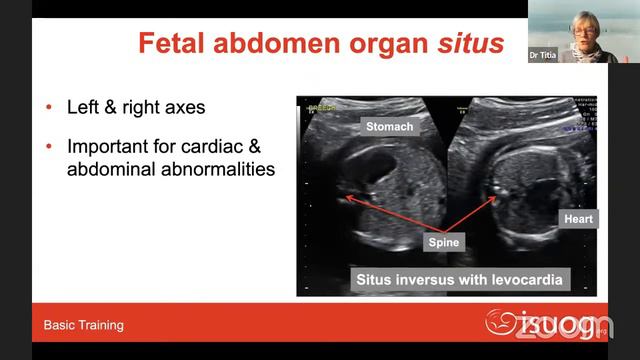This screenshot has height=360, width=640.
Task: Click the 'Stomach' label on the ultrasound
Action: pyautogui.click(x=389, y=127)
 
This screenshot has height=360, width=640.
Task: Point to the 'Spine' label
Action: pyautogui.click(x=443, y=242)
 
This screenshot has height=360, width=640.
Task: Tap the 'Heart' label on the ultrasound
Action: pyautogui.click(x=578, y=219)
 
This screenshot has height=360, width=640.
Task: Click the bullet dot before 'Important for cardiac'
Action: pyautogui.click(x=49, y=146)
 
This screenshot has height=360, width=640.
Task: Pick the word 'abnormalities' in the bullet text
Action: pyautogui.click(x=211, y=169)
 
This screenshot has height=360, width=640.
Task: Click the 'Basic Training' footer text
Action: pyautogui.click(x=84, y=325)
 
